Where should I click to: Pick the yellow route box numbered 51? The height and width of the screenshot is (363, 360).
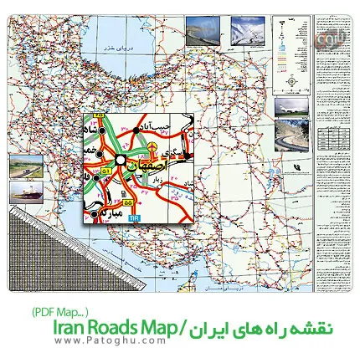click(x=105, y=171)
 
